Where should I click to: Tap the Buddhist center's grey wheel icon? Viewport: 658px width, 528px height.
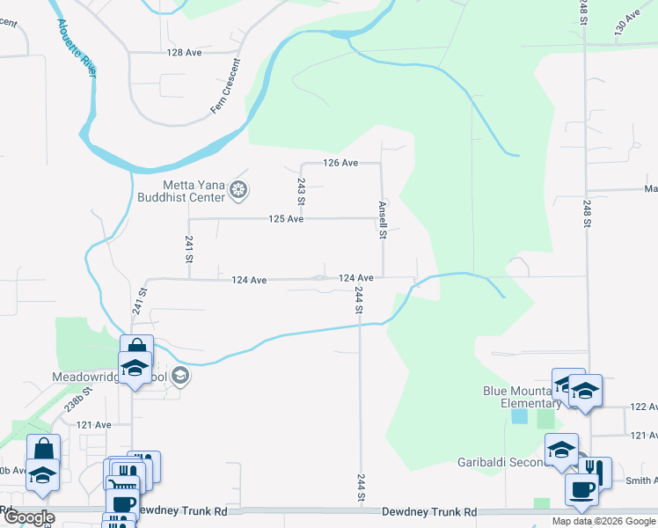coord(238,189)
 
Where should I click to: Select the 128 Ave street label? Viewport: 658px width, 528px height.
coord(185,53)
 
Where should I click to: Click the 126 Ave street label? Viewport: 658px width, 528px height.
coord(340,163)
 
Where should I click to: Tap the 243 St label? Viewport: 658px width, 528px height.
coord(301,191)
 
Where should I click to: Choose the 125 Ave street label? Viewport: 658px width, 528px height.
coord(286,218)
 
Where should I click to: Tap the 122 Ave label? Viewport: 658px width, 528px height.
coord(645,407)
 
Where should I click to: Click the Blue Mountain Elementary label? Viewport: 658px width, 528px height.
coord(517,397)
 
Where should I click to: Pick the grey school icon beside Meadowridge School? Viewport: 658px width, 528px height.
coord(180,377)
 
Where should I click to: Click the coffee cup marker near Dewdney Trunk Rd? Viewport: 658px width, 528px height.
coord(581,489)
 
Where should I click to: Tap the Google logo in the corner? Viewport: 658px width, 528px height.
coord(28,517)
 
